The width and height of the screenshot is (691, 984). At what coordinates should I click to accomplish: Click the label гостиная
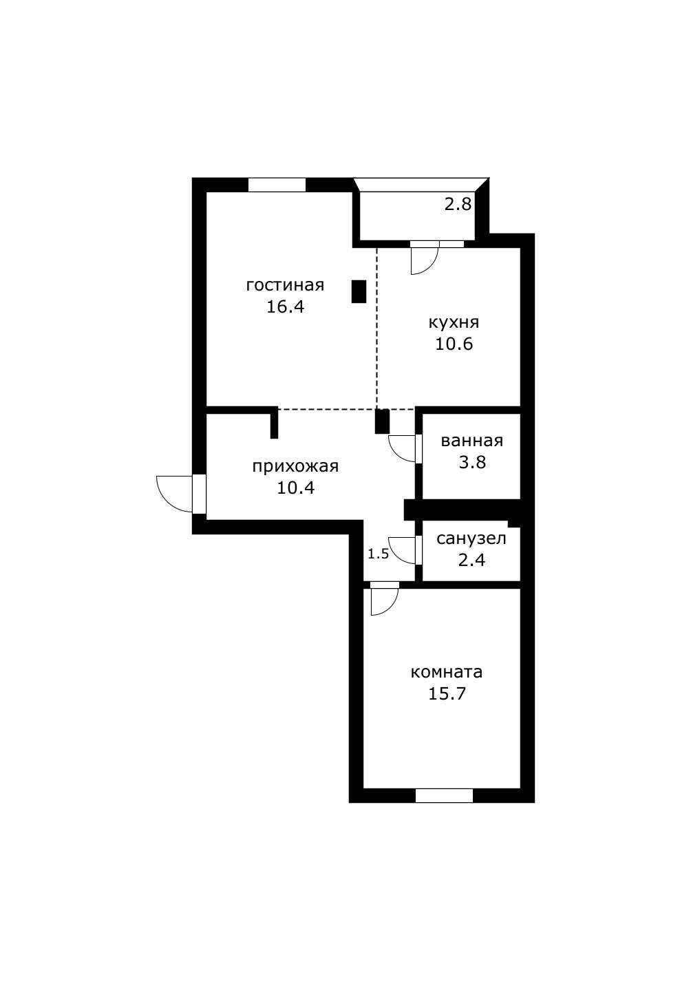(285, 285)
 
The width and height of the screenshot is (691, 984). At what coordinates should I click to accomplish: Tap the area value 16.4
(285, 306)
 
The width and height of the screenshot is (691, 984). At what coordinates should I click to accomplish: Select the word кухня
(454, 322)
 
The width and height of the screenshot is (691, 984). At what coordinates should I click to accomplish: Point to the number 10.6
(454, 344)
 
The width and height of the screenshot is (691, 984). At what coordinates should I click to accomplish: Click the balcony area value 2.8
(457, 205)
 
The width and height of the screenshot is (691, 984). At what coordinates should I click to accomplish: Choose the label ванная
(472, 441)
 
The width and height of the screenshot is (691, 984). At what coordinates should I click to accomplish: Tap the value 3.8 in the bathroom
(472, 462)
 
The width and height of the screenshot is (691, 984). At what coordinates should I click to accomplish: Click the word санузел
(471, 538)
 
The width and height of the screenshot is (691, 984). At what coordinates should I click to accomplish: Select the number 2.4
(471, 560)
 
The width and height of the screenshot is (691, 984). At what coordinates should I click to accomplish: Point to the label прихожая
(295, 466)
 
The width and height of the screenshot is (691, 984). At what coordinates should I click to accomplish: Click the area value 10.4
(295, 488)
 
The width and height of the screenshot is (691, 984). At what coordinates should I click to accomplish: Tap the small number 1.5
(378, 554)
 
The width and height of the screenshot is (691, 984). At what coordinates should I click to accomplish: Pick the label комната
(447, 671)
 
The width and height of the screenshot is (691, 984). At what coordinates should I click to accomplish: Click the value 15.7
(447, 693)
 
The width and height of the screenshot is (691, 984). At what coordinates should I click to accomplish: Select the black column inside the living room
(359, 291)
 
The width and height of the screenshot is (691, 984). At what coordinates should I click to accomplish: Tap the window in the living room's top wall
(277, 185)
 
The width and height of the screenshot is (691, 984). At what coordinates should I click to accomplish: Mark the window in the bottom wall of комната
(444, 795)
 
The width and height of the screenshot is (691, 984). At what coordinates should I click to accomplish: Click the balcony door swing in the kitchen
(423, 260)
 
